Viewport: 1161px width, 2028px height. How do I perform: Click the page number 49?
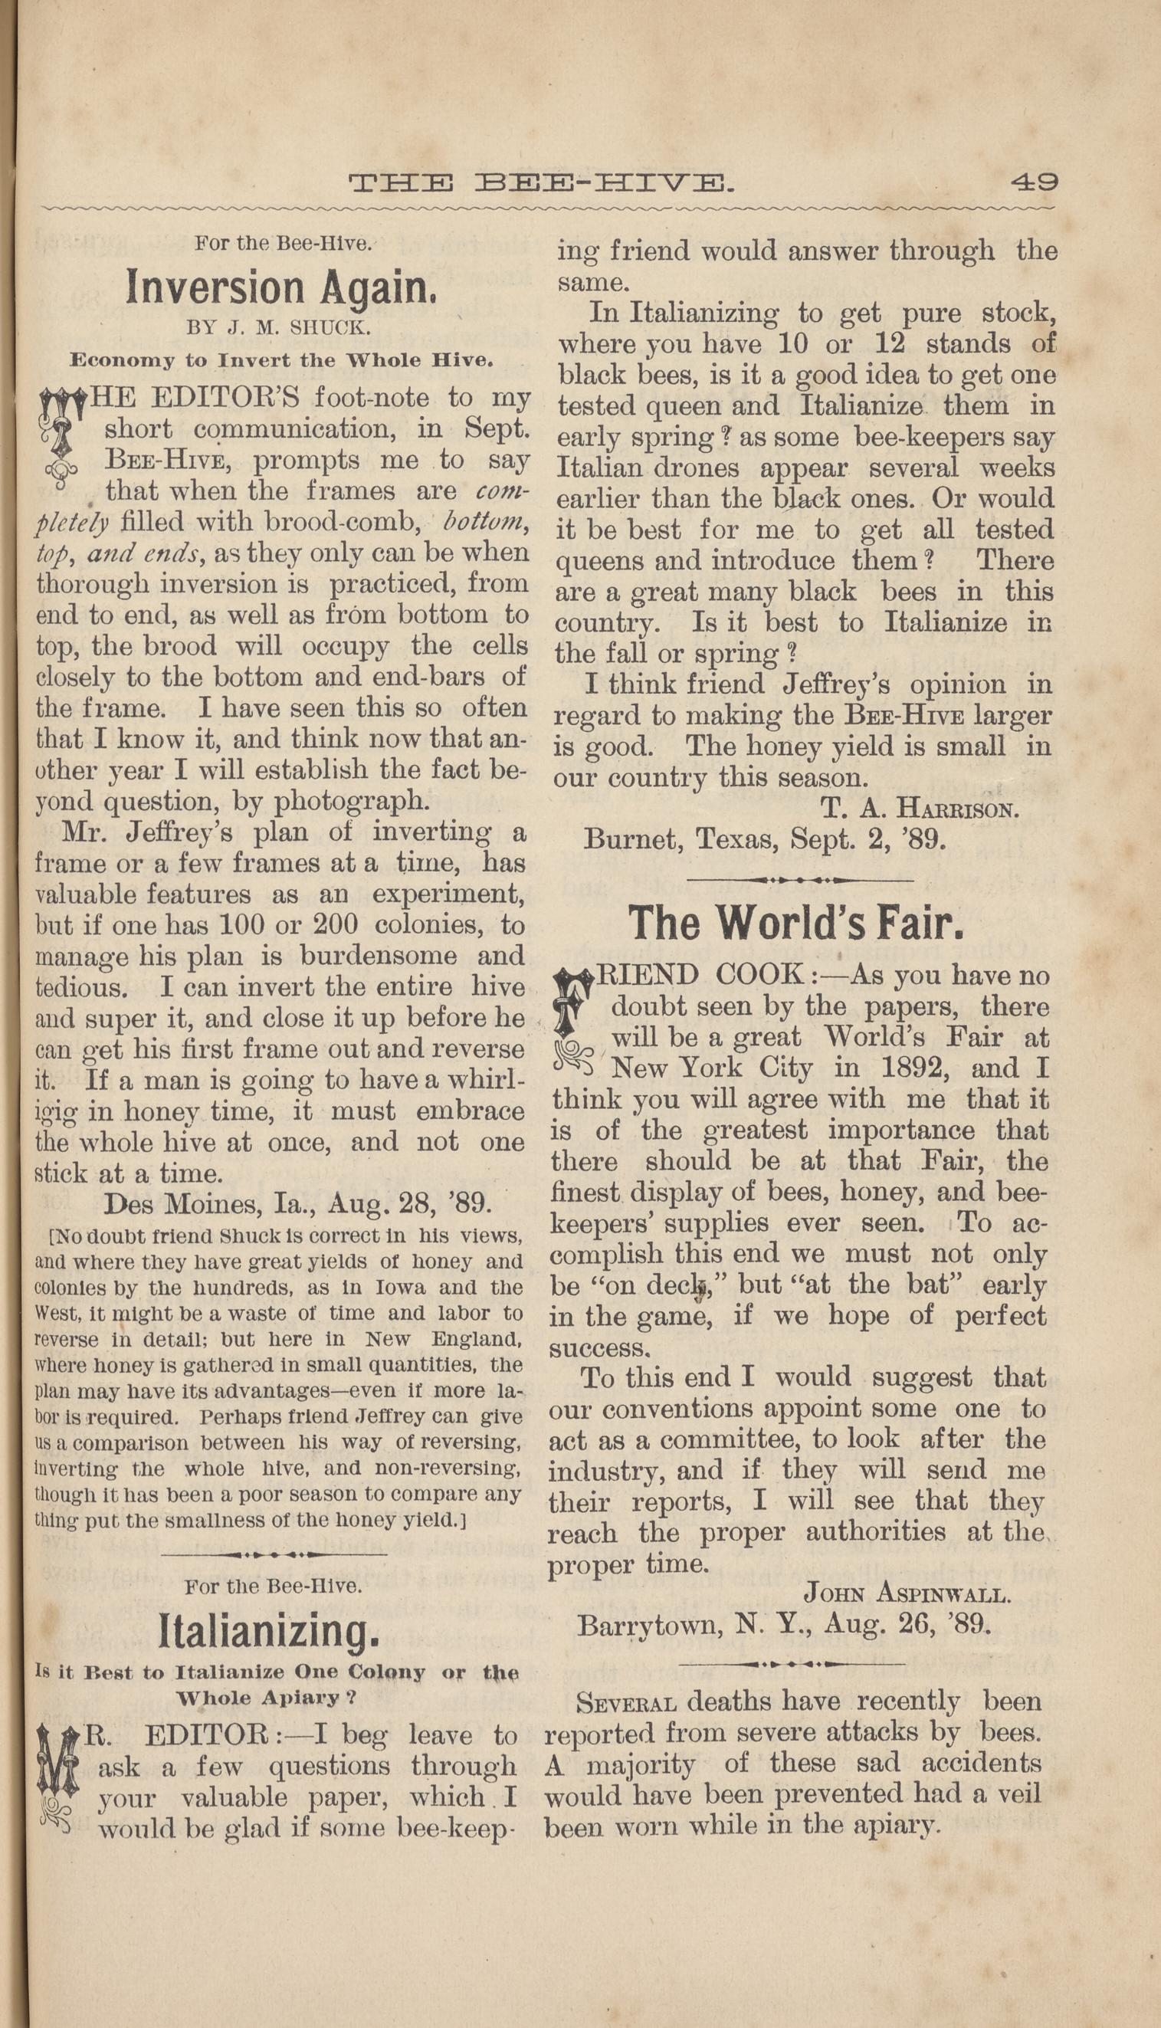click(x=1035, y=182)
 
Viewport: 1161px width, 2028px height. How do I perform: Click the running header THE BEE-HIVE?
click(x=540, y=184)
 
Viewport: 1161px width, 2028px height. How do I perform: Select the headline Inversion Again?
click(x=280, y=287)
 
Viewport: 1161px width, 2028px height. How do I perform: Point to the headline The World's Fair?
click(x=798, y=924)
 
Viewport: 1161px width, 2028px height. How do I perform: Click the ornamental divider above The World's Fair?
click(x=800, y=881)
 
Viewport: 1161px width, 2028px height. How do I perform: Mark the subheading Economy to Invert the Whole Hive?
click(x=281, y=359)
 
